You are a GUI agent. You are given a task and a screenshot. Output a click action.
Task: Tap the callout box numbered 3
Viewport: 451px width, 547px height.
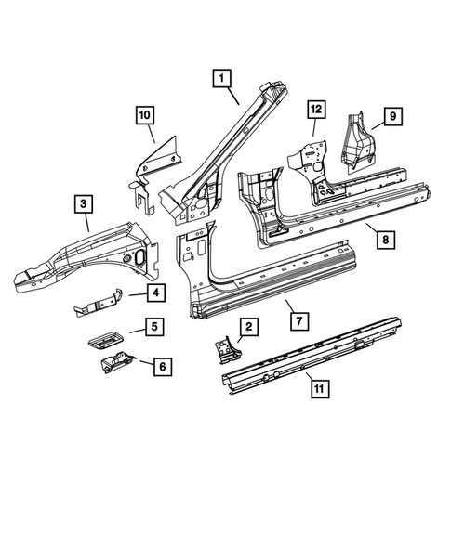click(84, 204)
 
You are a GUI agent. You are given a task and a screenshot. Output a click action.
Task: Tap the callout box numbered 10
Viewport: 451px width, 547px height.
click(144, 115)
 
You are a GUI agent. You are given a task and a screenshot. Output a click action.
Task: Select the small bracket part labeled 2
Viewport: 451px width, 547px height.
click(226, 350)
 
